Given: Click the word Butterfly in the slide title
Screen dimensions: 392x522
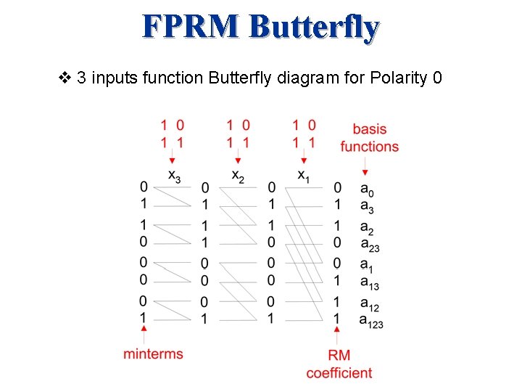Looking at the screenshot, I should tap(314, 28).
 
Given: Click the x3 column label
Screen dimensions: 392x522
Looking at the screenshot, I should tap(174, 175).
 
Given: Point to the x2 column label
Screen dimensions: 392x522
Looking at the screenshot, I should tap(238, 175).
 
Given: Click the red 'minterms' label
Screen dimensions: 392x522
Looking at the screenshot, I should tap(153, 354).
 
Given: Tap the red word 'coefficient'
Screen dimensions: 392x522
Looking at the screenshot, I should tap(339, 373).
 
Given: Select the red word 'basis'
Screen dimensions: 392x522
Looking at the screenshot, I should tap(369, 129).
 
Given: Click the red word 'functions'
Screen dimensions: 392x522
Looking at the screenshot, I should tap(369, 147).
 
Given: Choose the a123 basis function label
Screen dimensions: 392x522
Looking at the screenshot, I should tap(371, 319).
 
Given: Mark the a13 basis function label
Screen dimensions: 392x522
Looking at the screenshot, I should tap(370, 283).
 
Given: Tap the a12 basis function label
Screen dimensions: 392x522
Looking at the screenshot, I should tap(370, 301).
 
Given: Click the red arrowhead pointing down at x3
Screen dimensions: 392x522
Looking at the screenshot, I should tap(172, 160).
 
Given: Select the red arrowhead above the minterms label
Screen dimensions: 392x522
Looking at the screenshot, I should tap(145, 330).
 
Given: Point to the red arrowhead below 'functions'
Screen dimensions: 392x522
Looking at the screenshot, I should tap(365, 172).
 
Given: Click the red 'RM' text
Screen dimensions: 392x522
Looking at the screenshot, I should tap(339, 356).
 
